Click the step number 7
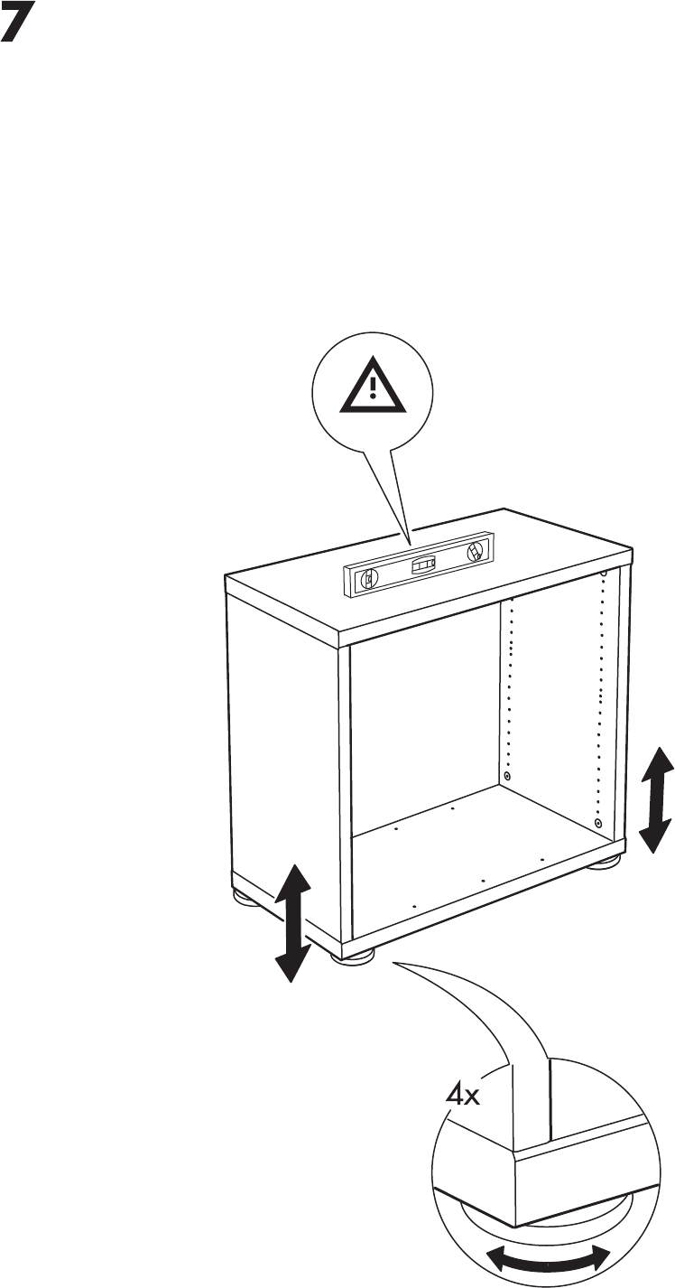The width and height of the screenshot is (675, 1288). tap(21, 26)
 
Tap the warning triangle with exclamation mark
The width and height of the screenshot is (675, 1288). tap(372, 386)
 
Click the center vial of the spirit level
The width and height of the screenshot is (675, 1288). tap(422, 566)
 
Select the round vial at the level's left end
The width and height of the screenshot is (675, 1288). tap(367, 582)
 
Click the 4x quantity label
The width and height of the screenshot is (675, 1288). tap(465, 1097)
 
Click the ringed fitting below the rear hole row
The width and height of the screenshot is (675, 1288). tap(507, 777)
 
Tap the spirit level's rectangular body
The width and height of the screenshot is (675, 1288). tap(420, 567)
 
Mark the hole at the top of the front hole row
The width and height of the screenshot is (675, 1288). tap(602, 574)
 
